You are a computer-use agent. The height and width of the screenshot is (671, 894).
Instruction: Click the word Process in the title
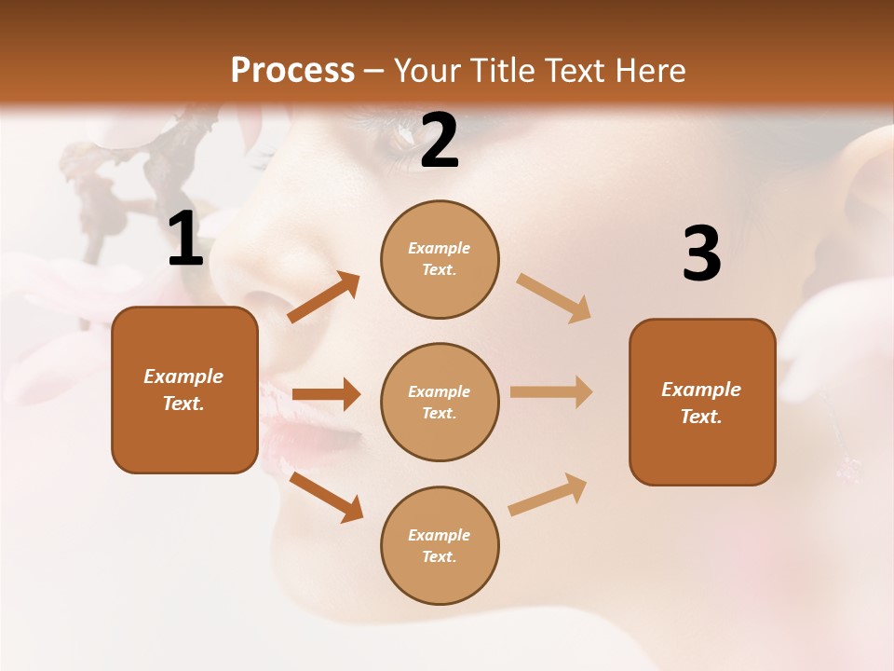point(292,70)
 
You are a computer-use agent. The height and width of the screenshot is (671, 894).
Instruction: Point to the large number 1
point(185,240)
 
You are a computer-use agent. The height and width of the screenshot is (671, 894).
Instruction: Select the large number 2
point(440,141)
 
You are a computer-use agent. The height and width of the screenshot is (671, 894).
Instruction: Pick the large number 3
point(701,253)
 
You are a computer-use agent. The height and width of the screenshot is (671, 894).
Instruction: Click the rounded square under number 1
point(184,390)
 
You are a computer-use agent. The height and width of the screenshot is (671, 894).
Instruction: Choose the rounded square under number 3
point(702,402)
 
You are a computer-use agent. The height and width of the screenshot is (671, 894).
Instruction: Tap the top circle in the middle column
point(440,259)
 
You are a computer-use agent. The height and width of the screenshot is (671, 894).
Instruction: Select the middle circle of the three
point(440,402)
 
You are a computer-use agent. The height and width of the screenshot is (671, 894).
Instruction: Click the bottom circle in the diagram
point(440,545)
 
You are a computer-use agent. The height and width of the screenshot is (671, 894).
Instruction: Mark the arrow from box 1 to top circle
point(324,297)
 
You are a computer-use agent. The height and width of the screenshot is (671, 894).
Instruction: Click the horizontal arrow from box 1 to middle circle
point(326,394)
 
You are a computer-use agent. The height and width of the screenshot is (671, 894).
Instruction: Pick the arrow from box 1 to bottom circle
point(326,497)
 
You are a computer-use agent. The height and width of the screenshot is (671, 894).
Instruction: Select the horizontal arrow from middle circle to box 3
point(551,392)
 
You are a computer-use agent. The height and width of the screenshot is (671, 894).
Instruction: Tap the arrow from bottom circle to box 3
point(548,494)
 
